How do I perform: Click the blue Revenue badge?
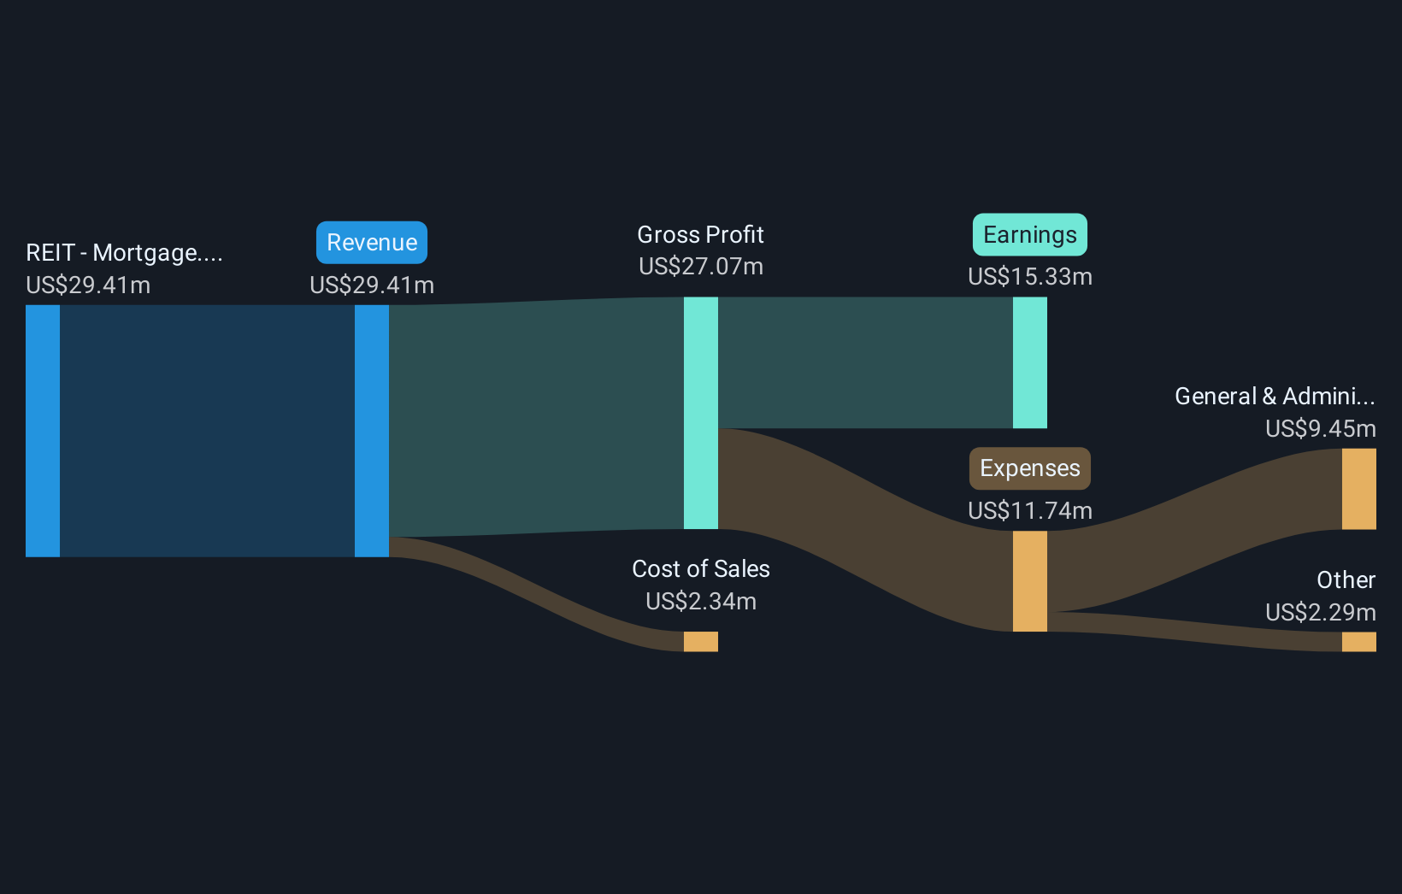372,243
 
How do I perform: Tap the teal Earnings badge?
1029,235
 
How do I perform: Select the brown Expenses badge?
1029,468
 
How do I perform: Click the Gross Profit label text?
700,235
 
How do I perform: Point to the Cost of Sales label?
700,569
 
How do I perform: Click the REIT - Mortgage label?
124,253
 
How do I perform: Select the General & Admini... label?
1274,397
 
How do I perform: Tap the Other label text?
1346,580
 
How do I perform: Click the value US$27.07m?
700,267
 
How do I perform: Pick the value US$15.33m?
1029,277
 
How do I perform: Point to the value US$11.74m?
1029,511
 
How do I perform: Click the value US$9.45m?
1320,429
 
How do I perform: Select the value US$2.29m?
1320,613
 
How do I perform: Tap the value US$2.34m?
700,602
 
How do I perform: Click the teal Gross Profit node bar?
700,413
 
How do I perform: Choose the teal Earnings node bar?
1029,362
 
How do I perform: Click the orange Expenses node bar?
1029,581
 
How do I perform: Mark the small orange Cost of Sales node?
700,641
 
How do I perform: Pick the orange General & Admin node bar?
1358,489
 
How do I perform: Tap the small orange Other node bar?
1358,642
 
